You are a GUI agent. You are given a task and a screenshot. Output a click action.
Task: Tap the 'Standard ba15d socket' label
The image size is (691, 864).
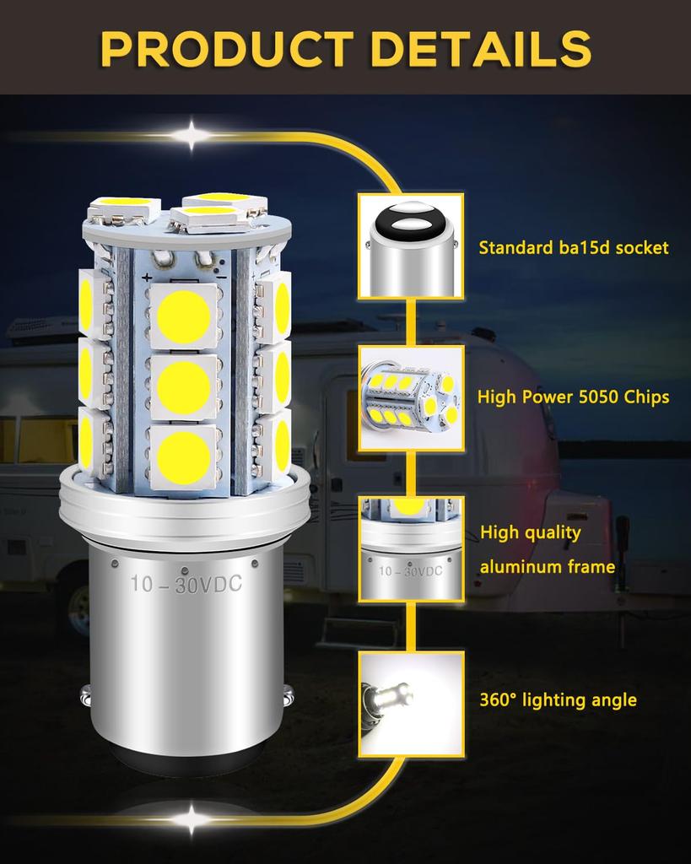click(x=574, y=247)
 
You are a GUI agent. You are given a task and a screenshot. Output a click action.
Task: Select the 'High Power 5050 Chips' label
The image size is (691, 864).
click(x=574, y=397)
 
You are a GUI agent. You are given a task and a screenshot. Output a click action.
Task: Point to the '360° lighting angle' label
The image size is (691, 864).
click(x=558, y=699)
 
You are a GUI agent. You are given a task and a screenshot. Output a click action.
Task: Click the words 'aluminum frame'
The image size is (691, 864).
click(x=548, y=566)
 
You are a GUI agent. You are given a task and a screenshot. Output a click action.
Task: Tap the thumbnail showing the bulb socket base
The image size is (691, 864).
click(x=411, y=246)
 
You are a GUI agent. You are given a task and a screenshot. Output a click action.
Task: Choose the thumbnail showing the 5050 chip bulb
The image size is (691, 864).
click(x=411, y=396)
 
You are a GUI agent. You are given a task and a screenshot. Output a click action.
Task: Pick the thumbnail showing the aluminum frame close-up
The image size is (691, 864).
click(x=411, y=548)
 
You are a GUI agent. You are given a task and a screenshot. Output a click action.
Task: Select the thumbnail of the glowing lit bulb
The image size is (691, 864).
click(x=411, y=702)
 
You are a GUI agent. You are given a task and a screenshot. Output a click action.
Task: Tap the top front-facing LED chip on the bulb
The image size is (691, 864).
click(x=183, y=316)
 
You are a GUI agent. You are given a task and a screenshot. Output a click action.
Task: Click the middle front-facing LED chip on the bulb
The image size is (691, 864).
click(x=183, y=384)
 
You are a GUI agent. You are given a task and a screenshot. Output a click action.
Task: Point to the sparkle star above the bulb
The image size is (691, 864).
click(x=192, y=134)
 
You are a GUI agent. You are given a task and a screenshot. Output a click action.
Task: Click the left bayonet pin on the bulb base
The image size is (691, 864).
click(x=86, y=697)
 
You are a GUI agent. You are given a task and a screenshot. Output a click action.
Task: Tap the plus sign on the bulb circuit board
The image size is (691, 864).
click(x=148, y=277)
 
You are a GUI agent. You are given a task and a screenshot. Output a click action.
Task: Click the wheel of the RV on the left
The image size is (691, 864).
click(x=78, y=603)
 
